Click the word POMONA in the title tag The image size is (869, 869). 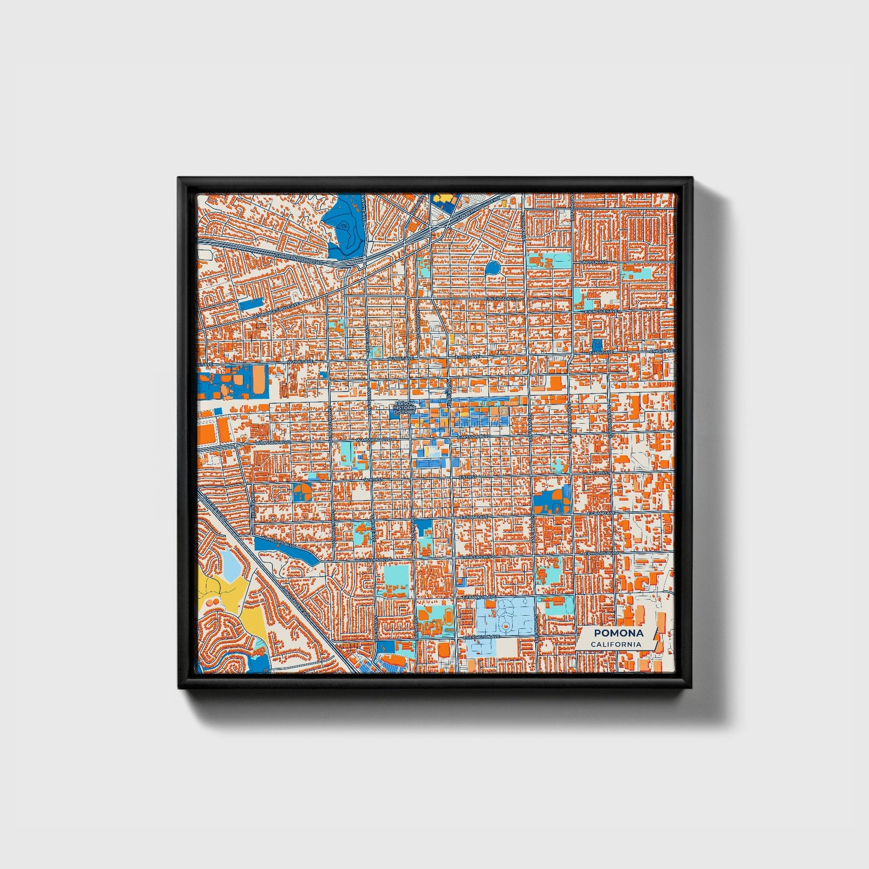618,633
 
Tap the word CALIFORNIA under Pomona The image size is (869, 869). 615,644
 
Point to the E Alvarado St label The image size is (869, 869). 502,298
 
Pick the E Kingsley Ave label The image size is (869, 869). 601,311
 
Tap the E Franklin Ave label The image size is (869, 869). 479,597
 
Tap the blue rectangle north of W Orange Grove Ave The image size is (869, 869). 251,304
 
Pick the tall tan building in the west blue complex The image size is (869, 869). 257,378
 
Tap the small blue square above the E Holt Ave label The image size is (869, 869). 597,343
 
